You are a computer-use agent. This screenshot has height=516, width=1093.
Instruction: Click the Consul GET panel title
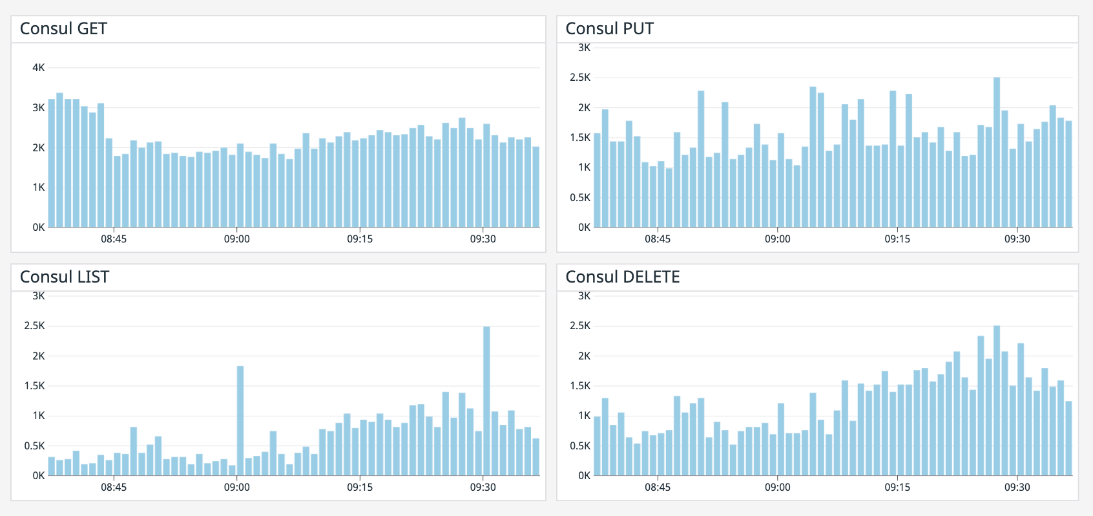click(63, 29)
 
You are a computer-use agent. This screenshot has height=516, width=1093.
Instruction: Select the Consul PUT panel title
click(609, 29)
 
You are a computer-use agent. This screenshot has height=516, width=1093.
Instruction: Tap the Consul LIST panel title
click(65, 277)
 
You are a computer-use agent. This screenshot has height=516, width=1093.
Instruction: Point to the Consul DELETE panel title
click(622, 277)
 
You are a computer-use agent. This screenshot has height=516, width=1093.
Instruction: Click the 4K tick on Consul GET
click(39, 68)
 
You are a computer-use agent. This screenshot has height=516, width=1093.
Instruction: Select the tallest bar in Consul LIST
click(486, 401)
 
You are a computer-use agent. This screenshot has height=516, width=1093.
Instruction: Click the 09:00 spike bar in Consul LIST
click(240, 420)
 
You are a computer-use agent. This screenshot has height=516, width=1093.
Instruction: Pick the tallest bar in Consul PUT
click(997, 152)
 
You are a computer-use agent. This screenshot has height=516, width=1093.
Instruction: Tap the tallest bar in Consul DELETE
click(997, 401)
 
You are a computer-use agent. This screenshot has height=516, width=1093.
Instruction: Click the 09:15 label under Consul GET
click(360, 239)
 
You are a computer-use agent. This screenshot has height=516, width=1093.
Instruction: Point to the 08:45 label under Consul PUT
click(658, 239)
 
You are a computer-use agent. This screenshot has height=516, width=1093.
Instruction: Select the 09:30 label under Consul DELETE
click(1017, 488)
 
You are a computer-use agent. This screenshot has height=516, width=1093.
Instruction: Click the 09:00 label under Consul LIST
click(237, 488)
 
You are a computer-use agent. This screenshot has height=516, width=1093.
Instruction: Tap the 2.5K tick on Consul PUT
click(579, 78)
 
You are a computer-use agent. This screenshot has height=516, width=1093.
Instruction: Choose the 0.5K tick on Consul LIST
click(34, 446)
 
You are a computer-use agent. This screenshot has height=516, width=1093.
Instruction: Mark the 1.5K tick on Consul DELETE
click(579, 386)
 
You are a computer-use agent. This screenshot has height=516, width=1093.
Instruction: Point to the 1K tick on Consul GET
click(39, 188)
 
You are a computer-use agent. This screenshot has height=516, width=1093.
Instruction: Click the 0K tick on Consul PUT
click(584, 228)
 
